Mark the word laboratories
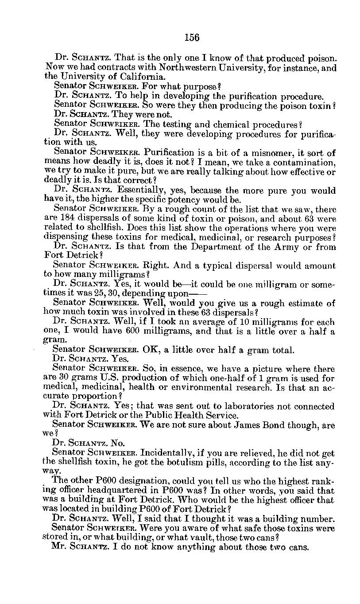(251, 406)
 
